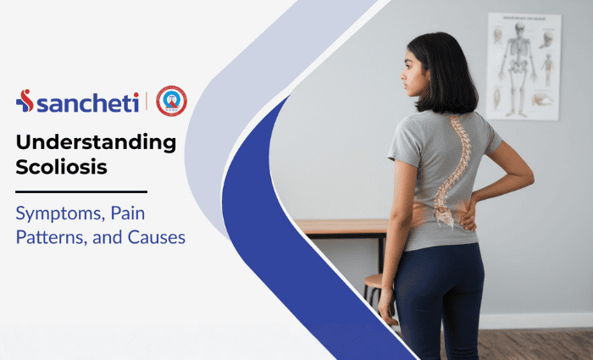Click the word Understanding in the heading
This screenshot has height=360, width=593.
click(x=96, y=142)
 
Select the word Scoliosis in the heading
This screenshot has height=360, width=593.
click(x=61, y=167)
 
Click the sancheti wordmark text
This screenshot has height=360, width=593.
click(x=87, y=102)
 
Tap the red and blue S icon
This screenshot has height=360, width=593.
click(x=25, y=102)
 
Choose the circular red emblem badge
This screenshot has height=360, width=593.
click(x=171, y=101)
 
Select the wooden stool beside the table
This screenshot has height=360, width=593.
click(x=374, y=292)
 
